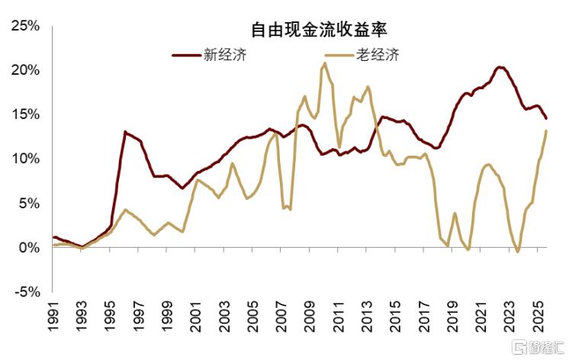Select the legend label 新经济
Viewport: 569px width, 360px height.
[x=224, y=55]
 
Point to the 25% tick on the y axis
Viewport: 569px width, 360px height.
[x=24, y=26]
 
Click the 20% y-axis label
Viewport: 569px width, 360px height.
[x=24, y=70]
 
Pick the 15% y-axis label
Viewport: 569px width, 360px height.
[x=24, y=114]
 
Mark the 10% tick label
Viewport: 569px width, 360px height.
[x=24, y=159]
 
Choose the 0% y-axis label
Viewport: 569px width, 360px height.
[x=29, y=248]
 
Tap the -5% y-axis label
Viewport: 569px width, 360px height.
[x=26, y=292]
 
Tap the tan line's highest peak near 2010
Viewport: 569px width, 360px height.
[x=325, y=63]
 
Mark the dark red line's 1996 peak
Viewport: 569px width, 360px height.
[x=125, y=132]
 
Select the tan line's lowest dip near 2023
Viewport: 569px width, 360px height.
[x=518, y=252]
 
